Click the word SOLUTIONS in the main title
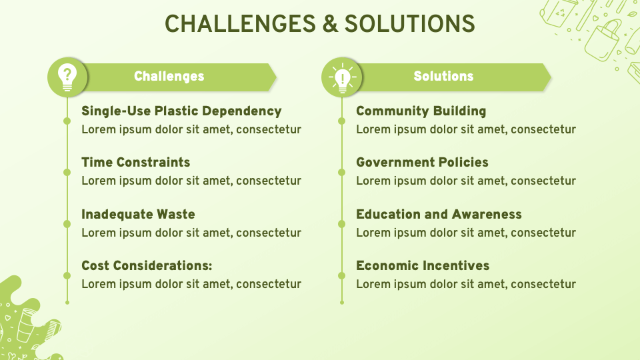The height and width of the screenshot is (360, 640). (409, 24)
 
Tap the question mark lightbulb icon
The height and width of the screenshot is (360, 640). (67, 77)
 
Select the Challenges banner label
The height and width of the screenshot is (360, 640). (169, 77)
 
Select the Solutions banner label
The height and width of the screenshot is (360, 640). (443, 77)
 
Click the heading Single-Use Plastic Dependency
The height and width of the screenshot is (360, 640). (181, 111)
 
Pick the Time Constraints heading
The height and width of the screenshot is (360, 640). (135, 163)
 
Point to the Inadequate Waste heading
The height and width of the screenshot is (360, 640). (138, 215)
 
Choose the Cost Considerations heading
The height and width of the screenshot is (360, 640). (147, 266)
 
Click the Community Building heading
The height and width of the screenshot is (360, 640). (421, 111)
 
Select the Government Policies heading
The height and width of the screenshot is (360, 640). (422, 163)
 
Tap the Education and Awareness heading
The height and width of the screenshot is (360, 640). (439, 215)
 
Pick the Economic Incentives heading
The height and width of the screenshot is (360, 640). (423, 266)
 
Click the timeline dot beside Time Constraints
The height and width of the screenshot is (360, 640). (67, 172)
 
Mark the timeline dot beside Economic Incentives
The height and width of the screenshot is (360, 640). (342, 275)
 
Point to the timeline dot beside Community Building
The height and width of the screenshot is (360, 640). (342, 121)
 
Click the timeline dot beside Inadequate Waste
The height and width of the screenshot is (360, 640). (67, 224)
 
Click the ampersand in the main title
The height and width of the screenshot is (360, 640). (329, 24)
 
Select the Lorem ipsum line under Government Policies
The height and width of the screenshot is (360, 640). (465, 181)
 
